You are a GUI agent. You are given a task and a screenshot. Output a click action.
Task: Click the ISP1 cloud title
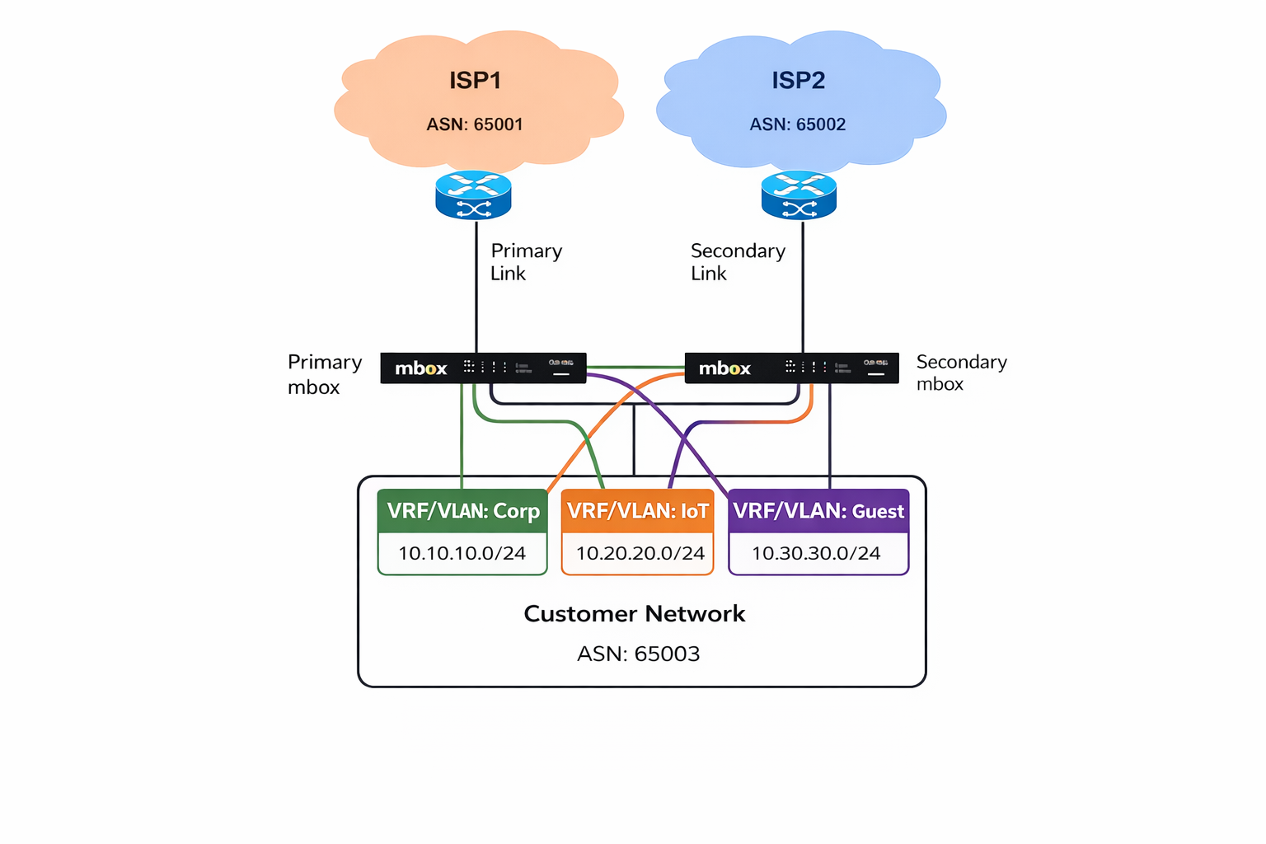475,81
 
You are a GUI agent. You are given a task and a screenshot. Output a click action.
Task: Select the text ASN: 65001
475,124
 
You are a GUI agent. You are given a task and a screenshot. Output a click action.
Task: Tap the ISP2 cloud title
798,81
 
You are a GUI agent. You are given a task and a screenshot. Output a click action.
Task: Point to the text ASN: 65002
797,124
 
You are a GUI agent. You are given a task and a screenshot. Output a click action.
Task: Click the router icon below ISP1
474,195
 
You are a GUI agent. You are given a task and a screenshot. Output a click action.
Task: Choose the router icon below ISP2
799,195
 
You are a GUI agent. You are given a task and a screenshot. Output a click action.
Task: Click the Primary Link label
526,261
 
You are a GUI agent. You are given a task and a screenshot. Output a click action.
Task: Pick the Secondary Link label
737,261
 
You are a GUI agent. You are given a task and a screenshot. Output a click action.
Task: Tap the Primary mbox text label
325,374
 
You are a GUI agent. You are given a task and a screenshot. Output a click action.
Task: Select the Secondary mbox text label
961,373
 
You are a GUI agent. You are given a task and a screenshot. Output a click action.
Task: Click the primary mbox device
483,368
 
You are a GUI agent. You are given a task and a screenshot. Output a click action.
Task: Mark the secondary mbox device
791,368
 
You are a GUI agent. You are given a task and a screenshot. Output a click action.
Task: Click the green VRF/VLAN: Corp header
463,511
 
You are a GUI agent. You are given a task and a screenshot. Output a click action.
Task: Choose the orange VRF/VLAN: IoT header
637,511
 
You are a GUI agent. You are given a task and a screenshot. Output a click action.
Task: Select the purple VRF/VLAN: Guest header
818,511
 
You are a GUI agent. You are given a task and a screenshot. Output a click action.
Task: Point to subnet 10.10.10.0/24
462,553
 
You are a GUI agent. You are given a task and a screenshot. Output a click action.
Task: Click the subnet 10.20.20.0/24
640,553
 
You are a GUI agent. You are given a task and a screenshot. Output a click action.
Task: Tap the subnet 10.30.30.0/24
816,553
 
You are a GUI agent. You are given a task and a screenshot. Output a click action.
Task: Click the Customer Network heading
635,614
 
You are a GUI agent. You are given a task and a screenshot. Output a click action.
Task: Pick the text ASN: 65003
638,654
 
